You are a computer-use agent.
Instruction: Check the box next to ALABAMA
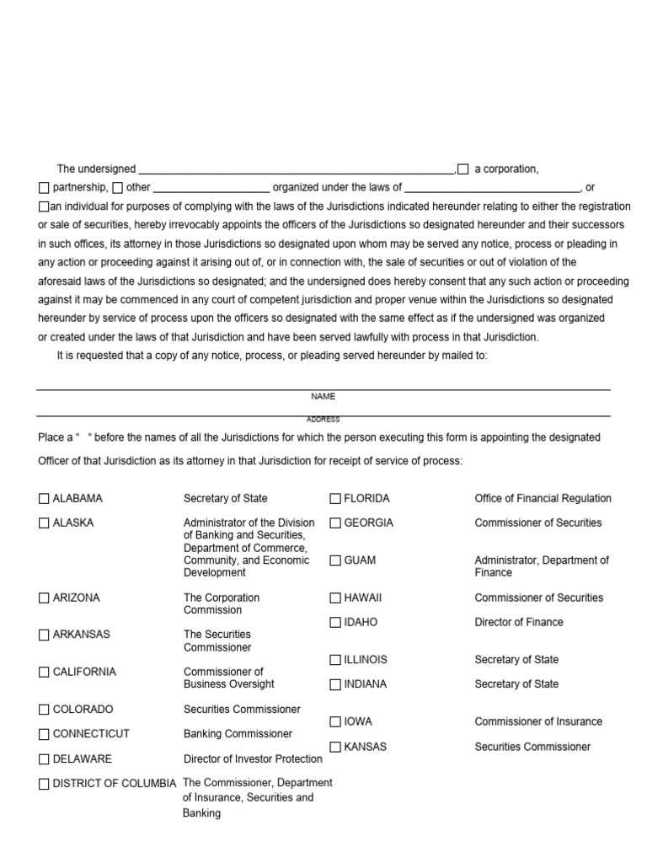(x=44, y=499)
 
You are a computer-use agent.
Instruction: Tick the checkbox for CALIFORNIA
(x=44, y=673)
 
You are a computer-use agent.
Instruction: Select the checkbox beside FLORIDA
(x=335, y=499)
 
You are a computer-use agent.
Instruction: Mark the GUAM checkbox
(x=335, y=560)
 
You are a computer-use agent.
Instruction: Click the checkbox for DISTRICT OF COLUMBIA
(x=44, y=784)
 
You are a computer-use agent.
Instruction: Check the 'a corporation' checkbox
(x=463, y=169)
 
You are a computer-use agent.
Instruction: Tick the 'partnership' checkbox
(x=44, y=188)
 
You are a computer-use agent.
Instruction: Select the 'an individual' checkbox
(x=44, y=206)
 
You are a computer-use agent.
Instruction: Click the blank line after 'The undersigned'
(x=296, y=170)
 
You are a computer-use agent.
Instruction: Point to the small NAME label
(x=323, y=396)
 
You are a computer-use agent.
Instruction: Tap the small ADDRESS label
(x=323, y=419)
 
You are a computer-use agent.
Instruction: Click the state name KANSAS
(x=366, y=747)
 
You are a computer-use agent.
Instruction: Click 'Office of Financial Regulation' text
(x=543, y=499)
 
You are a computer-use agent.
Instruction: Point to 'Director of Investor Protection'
(x=253, y=759)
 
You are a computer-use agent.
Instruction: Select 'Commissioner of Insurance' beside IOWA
(x=538, y=722)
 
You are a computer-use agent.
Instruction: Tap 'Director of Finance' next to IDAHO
(x=519, y=623)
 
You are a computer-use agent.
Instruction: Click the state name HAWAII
(x=362, y=598)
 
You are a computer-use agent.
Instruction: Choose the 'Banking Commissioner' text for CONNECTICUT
(x=238, y=734)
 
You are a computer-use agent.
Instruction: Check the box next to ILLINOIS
(x=335, y=660)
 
